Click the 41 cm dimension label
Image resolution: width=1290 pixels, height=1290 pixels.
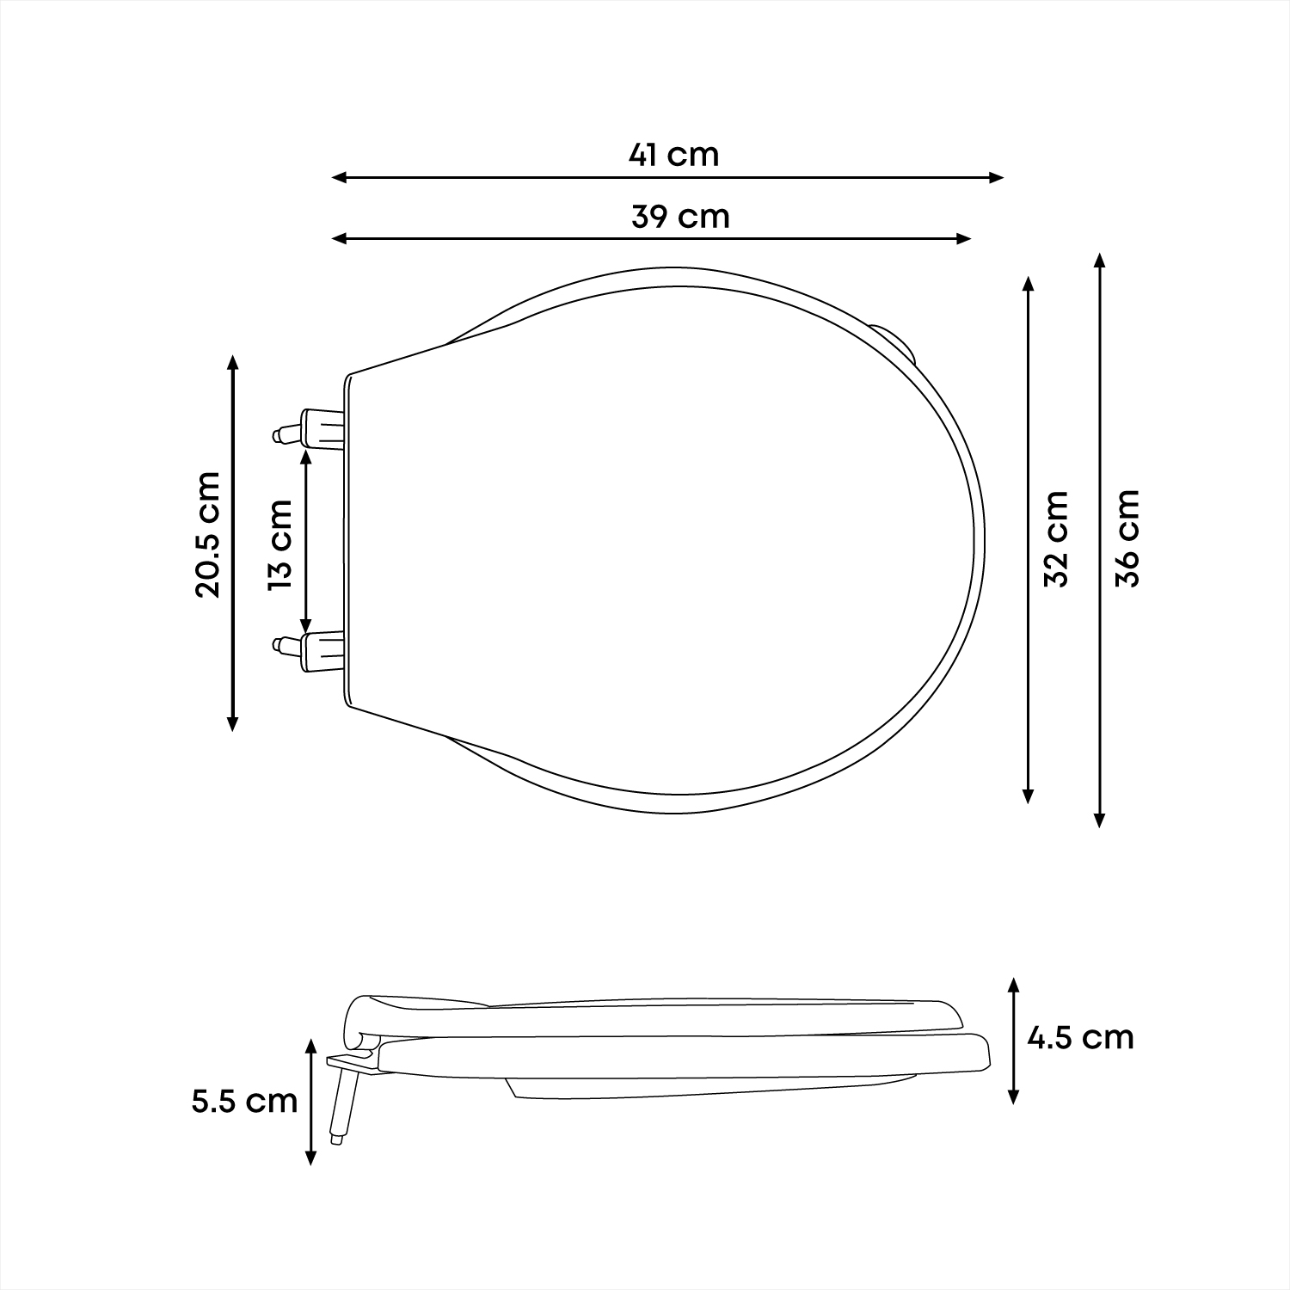coord(673,155)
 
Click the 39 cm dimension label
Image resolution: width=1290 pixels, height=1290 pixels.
coord(680,216)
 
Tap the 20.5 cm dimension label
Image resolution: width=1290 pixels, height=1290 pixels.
coord(208,534)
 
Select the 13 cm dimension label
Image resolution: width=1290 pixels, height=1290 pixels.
coord(281,544)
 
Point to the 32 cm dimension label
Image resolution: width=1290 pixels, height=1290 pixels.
coord(1055,538)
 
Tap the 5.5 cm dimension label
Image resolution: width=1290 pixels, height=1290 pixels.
coord(245,1101)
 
